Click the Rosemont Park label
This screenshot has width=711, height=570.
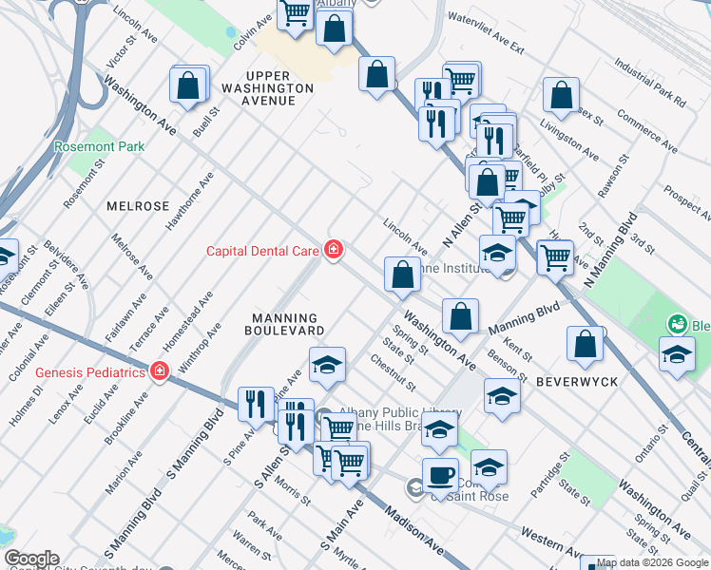pyautogui.click(x=99, y=147)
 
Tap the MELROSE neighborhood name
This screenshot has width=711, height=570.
pyautogui.click(x=138, y=206)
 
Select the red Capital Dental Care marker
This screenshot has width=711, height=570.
pyautogui.click(x=334, y=250)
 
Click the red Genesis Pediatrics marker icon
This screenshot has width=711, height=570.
pyautogui.click(x=160, y=371)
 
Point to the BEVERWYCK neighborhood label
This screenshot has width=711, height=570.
pyautogui.click(x=576, y=381)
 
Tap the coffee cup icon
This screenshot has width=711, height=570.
pyautogui.click(x=440, y=474)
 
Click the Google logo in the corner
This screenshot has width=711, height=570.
pyautogui.click(x=30, y=559)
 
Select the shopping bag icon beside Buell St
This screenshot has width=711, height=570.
pyautogui.click(x=189, y=85)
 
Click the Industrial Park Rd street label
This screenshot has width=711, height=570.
pyautogui.click(x=650, y=83)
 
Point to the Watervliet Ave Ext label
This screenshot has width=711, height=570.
pyautogui.click(x=486, y=31)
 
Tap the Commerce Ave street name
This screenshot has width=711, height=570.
pyautogui.click(x=646, y=132)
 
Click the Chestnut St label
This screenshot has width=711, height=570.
pyautogui.click(x=394, y=371)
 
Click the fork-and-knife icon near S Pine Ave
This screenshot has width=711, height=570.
pyautogui.click(x=255, y=405)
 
